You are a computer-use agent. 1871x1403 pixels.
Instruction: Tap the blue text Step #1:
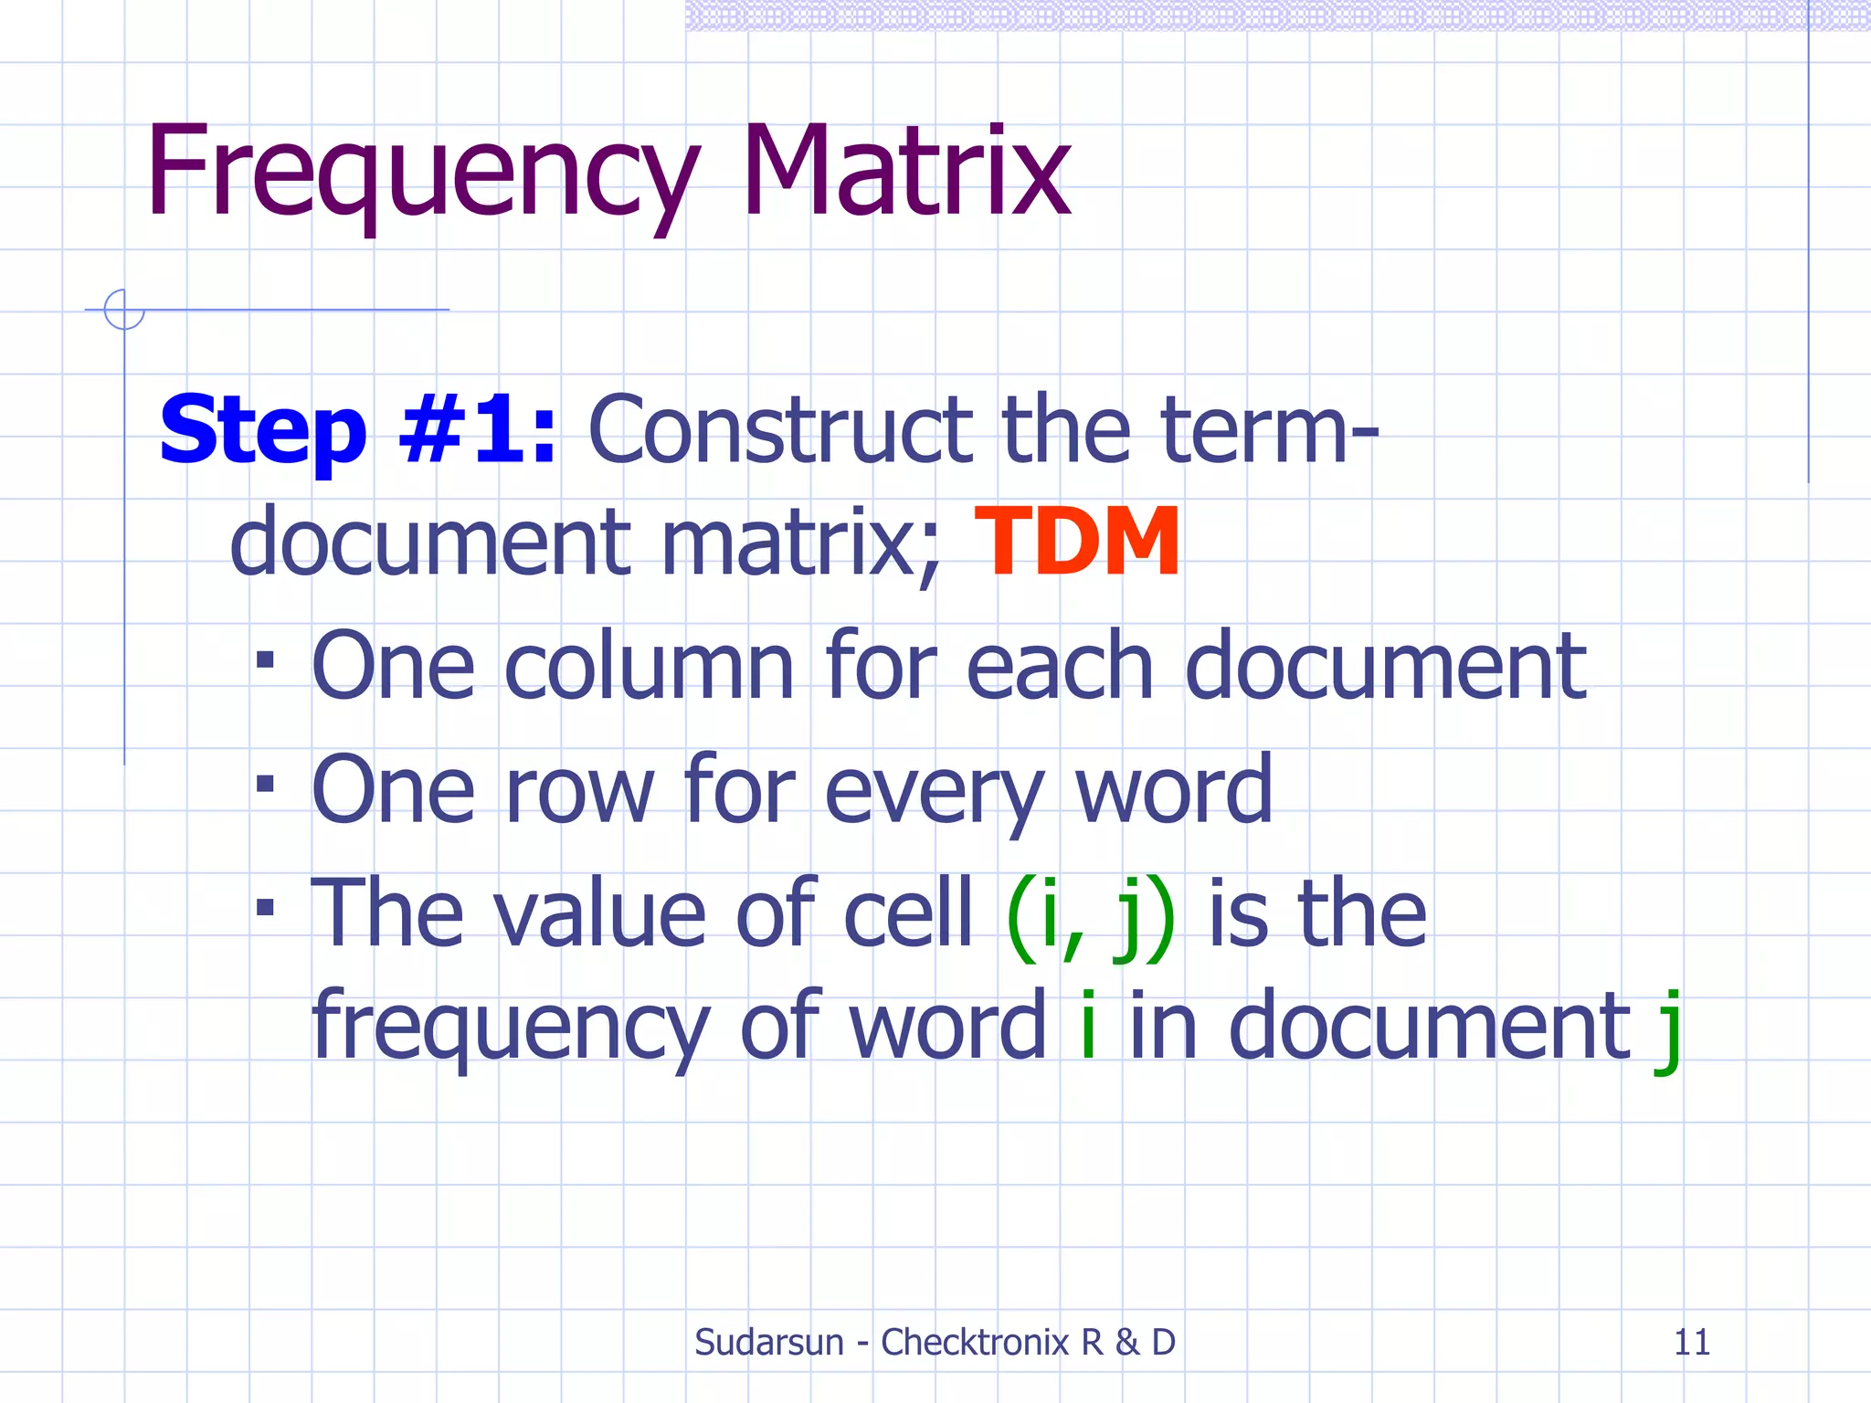tap(357, 429)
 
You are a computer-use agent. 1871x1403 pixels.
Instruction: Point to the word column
tap(649, 667)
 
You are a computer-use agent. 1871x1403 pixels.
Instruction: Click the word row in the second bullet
tap(579, 791)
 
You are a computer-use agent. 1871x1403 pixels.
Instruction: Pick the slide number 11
tap(1691, 1342)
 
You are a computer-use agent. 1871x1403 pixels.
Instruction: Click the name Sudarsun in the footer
tap(769, 1342)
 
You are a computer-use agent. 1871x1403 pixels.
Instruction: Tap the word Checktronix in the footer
tap(974, 1342)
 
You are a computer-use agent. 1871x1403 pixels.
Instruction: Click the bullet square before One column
tap(265, 659)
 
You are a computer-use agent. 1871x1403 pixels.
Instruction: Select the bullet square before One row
tap(265, 783)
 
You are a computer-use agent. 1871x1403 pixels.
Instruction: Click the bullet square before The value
tap(265, 907)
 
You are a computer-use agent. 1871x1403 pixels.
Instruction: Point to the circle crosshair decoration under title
tap(124, 310)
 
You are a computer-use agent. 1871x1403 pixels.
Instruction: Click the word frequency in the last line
tap(510, 1029)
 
